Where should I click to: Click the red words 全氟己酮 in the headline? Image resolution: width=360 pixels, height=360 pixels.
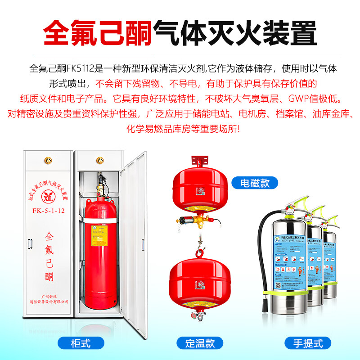click(x=97, y=32)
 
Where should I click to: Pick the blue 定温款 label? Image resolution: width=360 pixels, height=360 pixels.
click(x=199, y=343)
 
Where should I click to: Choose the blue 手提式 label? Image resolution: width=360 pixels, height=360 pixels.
click(x=308, y=343)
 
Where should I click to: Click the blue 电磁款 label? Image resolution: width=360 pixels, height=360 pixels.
click(x=255, y=183)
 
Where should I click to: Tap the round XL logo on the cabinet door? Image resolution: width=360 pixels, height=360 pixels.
click(x=47, y=198)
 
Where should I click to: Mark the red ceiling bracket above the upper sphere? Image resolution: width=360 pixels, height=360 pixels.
click(x=199, y=160)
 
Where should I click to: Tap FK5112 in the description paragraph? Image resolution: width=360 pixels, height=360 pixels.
click(x=81, y=70)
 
